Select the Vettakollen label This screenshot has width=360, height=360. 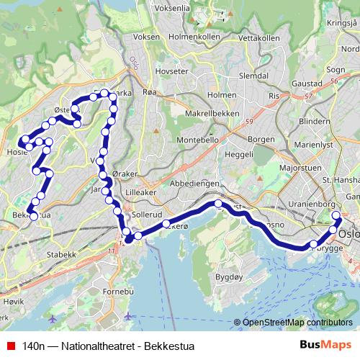[258, 37]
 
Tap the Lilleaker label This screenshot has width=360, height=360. [138, 194]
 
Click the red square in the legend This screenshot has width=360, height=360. [9, 346]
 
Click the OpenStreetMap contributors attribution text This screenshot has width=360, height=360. [299, 323]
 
